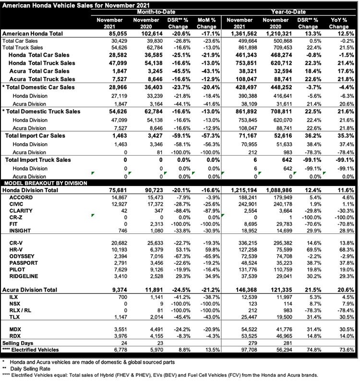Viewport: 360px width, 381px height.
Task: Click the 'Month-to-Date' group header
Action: point(156,12)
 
